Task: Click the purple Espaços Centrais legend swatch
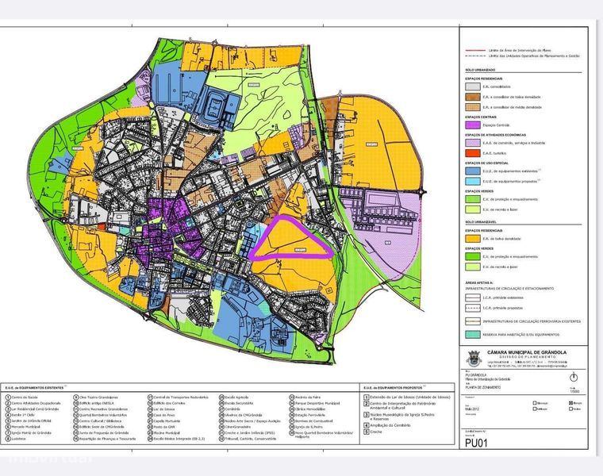coord(474,125)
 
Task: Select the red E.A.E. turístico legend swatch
coord(474,153)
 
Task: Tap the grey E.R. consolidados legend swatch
coord(474,86)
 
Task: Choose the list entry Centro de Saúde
coord(27,397)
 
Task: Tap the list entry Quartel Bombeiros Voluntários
coord(99,415)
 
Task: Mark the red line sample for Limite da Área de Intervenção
coord(474,49)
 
